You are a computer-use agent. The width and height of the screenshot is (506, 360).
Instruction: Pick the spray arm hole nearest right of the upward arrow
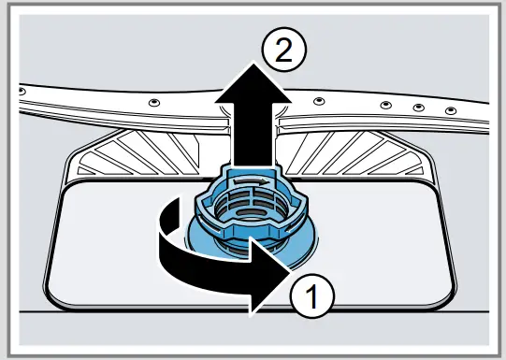click(x=319, y=100)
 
